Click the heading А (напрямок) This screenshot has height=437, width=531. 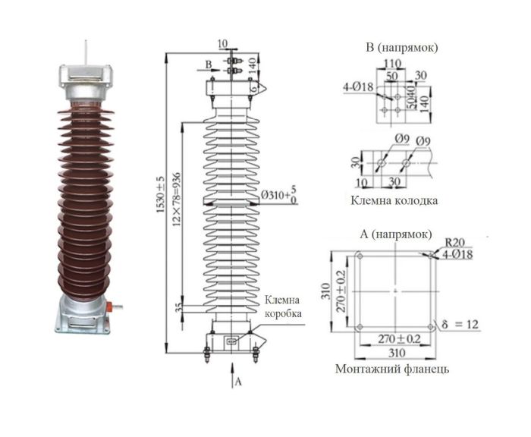click(x=398, y=232)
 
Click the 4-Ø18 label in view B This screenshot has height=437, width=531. click(x=357, y=88)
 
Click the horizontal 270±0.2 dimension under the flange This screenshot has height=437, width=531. click(x=394, y=338)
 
